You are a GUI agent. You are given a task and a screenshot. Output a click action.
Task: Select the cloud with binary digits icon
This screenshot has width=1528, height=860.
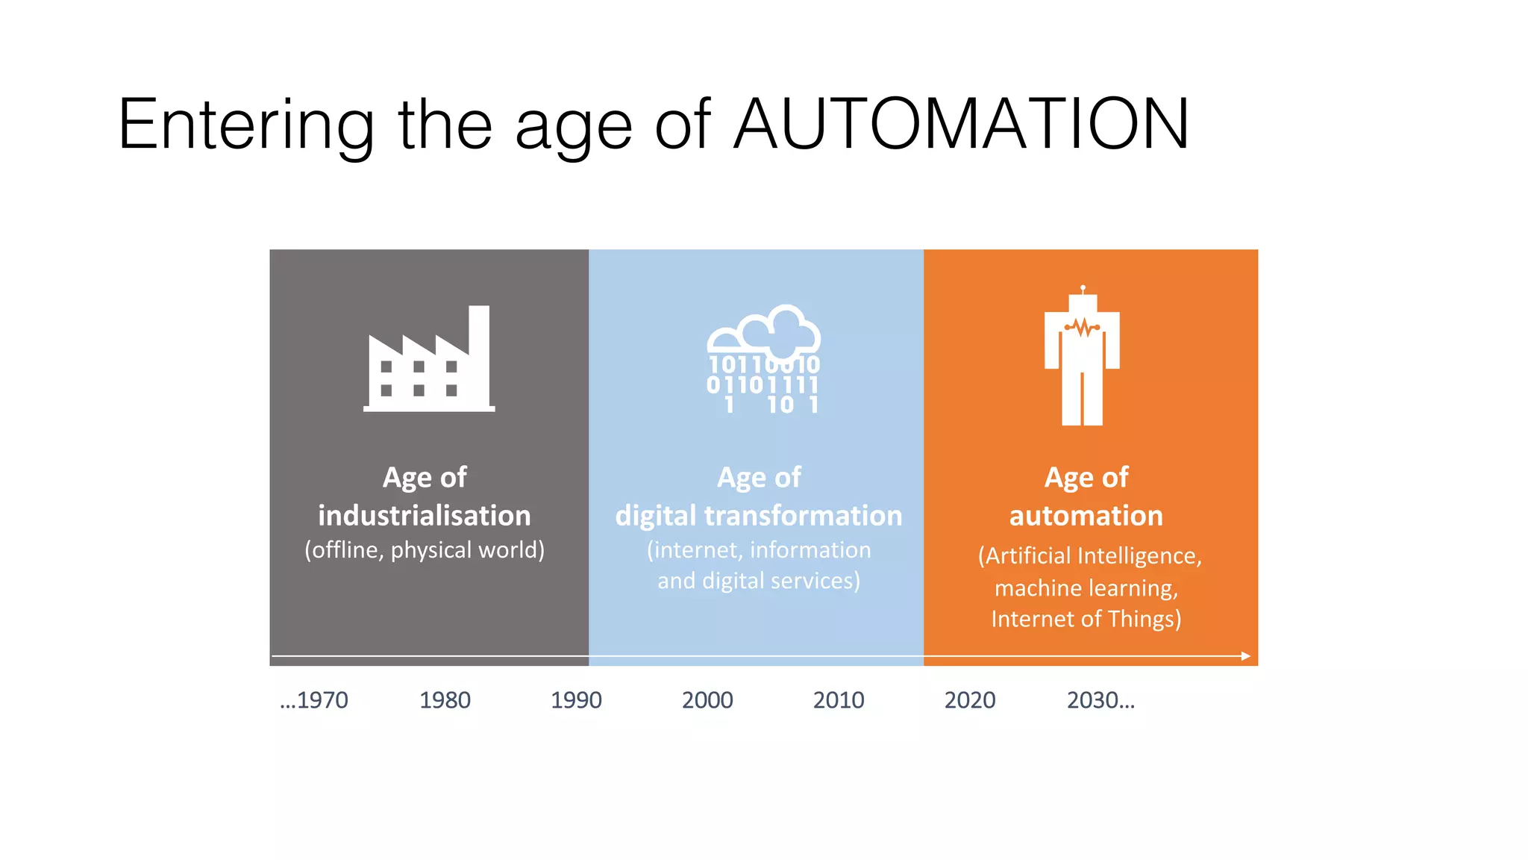(x=763, y=359)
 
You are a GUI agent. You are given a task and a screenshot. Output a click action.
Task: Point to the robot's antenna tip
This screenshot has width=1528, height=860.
(x=1083, y=287)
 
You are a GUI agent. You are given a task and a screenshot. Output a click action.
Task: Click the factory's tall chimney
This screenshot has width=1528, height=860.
(x=479, y=351)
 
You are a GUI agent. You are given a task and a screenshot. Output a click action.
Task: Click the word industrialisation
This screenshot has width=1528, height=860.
(x=424, y=516)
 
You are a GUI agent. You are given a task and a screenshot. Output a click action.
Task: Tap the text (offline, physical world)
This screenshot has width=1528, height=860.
(x=424, y=550)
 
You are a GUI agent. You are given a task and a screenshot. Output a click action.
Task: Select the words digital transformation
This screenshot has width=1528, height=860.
(x=758, y=516)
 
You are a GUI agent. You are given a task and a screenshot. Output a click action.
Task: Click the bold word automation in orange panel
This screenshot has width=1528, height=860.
(x=1086, y=516)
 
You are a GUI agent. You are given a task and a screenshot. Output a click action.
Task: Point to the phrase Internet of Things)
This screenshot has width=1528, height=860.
(x=1086, y=619)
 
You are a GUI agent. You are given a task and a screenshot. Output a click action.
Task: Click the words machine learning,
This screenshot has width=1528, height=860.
(x=1086, y=588)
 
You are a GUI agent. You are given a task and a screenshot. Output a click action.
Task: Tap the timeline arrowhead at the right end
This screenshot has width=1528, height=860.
(x=1245, y=656)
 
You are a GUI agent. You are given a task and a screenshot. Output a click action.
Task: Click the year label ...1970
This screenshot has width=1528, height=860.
(x=314, y=700)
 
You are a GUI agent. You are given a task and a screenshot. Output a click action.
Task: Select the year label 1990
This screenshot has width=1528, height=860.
(x=576, y=700)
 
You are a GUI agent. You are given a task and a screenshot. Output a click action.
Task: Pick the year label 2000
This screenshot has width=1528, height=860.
(x=707, y=700)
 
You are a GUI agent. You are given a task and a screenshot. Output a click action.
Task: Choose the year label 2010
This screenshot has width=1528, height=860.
(x=839, y=700)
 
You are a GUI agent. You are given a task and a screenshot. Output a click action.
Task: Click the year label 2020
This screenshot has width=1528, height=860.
(x=970, y=700)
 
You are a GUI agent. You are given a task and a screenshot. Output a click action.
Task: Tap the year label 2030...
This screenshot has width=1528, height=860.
(x=1100, y=700)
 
